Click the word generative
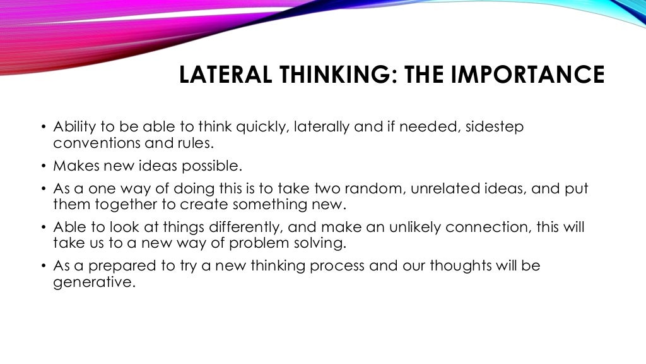94,282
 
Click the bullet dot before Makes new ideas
44,167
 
